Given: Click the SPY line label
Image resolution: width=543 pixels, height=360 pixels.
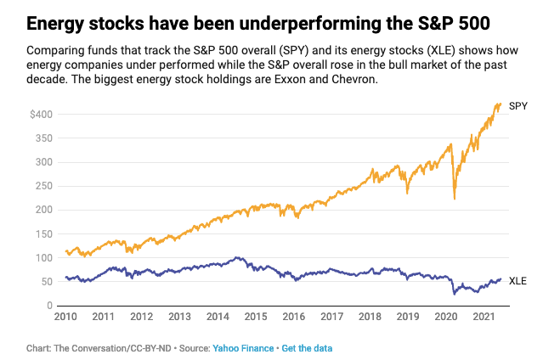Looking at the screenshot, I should [x=518, y=106].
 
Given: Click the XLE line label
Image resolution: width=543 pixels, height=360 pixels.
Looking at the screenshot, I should [x=518, y=281].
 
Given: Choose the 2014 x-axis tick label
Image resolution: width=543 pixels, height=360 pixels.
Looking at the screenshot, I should [x=217, y=318].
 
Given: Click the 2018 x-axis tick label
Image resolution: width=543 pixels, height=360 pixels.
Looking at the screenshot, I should [x=370, y=318].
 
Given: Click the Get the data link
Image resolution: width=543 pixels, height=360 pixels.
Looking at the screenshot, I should [x=307, y=348].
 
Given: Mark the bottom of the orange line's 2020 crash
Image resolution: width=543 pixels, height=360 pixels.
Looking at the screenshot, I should [x=455, y=200].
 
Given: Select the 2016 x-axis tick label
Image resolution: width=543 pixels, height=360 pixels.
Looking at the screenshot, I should [x=293, y=318].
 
